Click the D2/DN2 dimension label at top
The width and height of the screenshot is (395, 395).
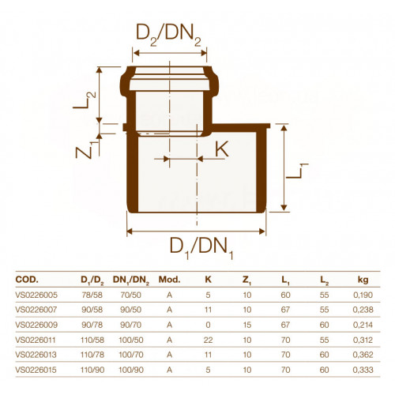coord(168,35)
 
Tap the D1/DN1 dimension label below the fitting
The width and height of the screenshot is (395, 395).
coord(201,248)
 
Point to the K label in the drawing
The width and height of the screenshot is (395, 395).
coord(222,149)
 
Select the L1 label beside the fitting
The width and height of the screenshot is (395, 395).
coord(297,171)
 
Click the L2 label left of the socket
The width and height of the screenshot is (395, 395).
coord(85,100)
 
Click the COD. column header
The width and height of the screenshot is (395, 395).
coord(27,280)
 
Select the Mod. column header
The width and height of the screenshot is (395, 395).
coord(169,280)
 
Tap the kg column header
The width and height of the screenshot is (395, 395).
coord(363,280)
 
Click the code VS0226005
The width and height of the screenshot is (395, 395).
coord(36,295)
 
